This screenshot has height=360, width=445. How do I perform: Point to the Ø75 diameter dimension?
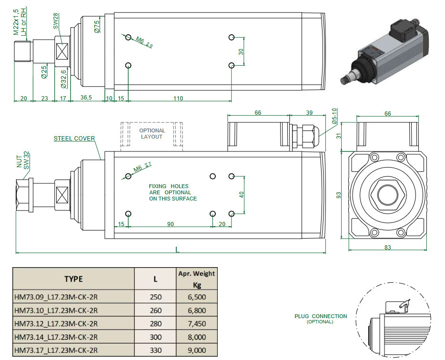coord(97,26)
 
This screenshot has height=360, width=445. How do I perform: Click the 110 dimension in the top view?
coord(178,99)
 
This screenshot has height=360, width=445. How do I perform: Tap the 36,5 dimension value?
coord(86,99)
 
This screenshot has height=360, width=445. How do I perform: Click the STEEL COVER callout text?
coord(74,139)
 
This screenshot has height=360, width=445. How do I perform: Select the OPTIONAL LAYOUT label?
coord(152,134)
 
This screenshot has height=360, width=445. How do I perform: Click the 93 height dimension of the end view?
coord(339,195)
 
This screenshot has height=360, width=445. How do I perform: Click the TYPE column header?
coord(73,279)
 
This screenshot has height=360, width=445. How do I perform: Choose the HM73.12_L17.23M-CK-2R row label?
coord(56,324)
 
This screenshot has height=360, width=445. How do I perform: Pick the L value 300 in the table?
coord(156,337)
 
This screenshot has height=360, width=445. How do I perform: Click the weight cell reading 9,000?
coord(197,350)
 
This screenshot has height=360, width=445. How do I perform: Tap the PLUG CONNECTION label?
coord(321,316)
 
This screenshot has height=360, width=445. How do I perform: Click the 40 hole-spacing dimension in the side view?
coord(242,194)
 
